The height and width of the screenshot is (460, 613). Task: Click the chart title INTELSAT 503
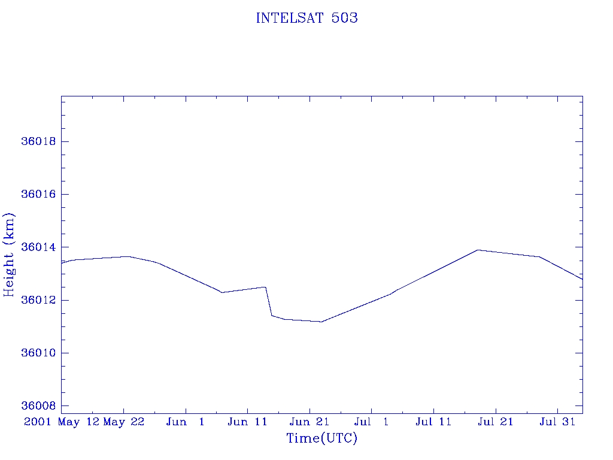coord(306,18)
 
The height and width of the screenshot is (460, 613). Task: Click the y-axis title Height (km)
coord(10,255)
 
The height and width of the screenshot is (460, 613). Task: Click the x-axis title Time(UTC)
coord(321,438)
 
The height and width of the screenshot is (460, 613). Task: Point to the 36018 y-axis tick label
coord(38,142)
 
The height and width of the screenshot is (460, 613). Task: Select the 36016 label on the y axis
coord(38,195)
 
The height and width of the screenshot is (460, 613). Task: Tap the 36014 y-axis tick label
coord(38,247)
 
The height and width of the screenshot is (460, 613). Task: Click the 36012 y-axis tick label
coord(38,300)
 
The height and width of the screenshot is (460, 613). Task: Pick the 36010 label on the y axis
coord(38,353)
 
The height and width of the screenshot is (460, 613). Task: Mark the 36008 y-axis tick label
coord(38,405)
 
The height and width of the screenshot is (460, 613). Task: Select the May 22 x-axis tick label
coord(124,422)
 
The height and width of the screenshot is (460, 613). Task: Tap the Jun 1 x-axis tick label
coord(186,422)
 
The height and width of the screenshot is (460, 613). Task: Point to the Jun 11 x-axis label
coord(248,422)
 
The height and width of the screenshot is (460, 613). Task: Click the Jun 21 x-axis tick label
coord(309,422)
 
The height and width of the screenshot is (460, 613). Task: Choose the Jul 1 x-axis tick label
coord(372,422)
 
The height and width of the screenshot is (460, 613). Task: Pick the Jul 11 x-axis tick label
coord(433,422)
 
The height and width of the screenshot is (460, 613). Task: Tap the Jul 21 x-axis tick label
coord(496,422)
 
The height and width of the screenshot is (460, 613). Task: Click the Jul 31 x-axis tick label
coord(557,422)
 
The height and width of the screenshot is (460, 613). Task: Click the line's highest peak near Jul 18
coord(478,250)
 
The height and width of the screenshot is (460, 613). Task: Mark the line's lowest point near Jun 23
coord(321,322)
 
